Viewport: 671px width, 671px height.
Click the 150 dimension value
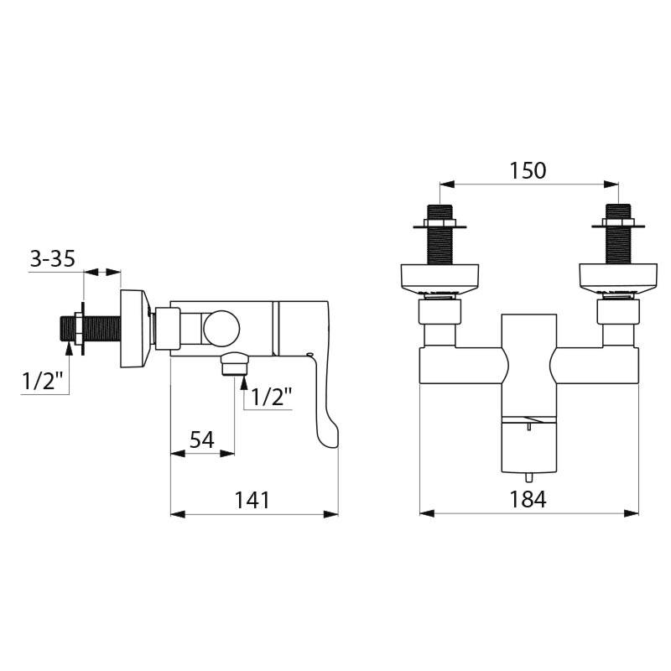(x=528, y=170)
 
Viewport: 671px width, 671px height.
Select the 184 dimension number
(x=528, y=499)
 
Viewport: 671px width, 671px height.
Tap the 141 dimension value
(x=252, y=500)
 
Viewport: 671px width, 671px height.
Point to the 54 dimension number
(x=202, y=439)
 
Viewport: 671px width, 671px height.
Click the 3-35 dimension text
(x=53, y=259)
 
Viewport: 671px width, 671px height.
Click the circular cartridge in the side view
(x=221, y=327)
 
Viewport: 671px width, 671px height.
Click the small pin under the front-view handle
(x=530, y=429)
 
